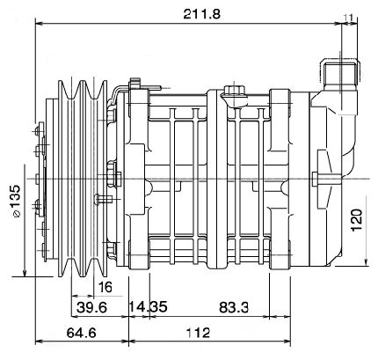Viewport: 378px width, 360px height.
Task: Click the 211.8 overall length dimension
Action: pyautogui.click(x=201, y=14)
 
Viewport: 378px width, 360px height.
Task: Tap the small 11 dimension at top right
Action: pyautogui.click(x=348, y=18)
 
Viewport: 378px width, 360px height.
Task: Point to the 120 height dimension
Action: pyautogui.click(x=356, y=220)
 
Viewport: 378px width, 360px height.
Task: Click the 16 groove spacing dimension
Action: pyautogui.click(x=105, y=287)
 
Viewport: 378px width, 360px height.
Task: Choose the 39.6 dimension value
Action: pyautogui.click(x=91, y=307)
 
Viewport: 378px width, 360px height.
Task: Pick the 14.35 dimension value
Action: pyautogui.click(x=148, y=307)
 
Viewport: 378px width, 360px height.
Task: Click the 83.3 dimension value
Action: pyautogui.click(x=234, y=307)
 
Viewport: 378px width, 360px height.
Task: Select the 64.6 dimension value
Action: pyautogui.click(x=81, y=333)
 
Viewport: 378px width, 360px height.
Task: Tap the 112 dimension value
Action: pyautogui.click(x=198, y=333)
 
